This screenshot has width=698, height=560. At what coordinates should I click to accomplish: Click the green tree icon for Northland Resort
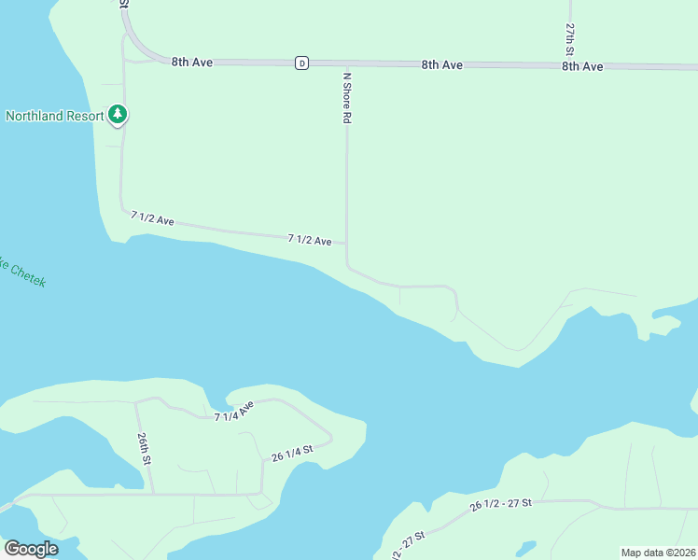[x=117, y=115]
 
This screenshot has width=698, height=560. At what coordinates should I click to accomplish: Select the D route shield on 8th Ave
[x=301, y=63]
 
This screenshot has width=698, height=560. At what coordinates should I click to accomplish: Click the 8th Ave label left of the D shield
[x=192, y=62]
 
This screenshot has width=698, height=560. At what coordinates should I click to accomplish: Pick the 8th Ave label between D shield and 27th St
[x=441, y=64]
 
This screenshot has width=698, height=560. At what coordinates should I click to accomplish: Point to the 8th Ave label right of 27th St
[x=582, y=66]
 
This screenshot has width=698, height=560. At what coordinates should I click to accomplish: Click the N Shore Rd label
[x=346, y=99]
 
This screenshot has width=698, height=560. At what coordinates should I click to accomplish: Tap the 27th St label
[x=569, y=38]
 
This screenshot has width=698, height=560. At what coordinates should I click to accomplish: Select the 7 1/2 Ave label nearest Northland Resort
[x=152, y=218]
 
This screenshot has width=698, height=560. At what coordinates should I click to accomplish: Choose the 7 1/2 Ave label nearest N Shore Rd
[x=310, y=240]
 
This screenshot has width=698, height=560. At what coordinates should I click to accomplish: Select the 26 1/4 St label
[x=292, y=454]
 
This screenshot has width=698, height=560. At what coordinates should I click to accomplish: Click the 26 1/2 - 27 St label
[x=501, y=505]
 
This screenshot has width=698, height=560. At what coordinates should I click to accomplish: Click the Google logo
[x=30, y=548]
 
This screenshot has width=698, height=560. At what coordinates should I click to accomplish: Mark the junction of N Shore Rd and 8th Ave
[x=346, y=64]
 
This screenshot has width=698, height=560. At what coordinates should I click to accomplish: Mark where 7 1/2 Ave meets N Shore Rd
[x=346, y=244]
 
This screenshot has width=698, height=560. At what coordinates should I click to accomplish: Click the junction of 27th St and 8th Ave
[x=569, y=66]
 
